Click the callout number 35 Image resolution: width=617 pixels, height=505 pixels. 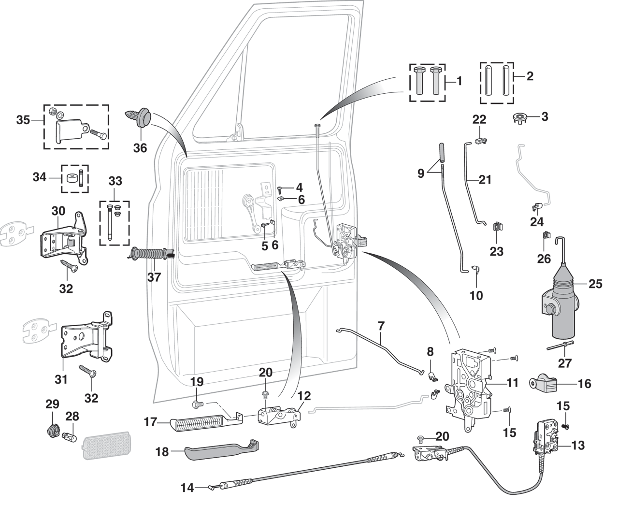(x=23, y=120)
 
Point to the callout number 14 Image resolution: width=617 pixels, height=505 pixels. (x=187, y=488)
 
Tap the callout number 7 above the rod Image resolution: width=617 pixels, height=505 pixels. (x=381, y=326)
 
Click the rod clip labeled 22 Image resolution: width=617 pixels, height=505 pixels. (x=479, y=141)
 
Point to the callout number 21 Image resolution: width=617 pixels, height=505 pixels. (x=485, y=180)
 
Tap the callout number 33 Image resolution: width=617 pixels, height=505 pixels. (x=115, y=182)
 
